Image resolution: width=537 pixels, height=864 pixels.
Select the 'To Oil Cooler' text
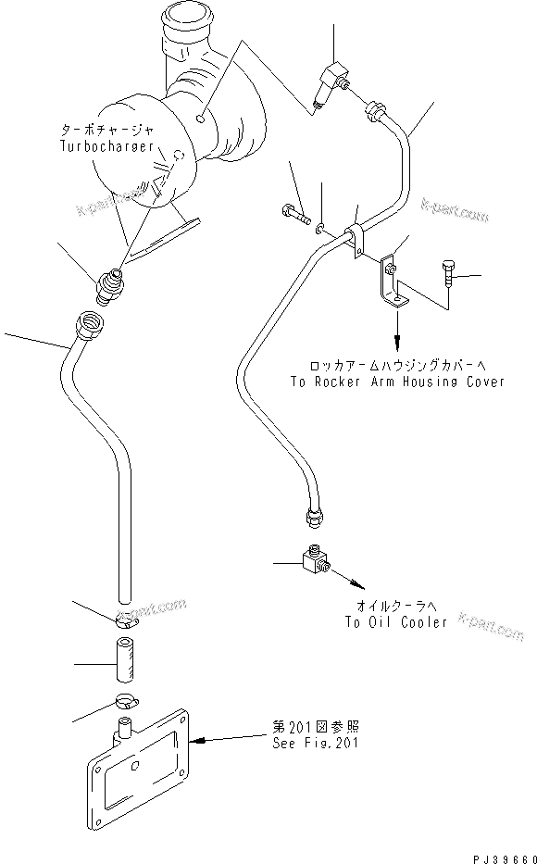click(394, 621)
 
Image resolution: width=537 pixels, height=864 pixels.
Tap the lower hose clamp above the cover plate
click(127, 702)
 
